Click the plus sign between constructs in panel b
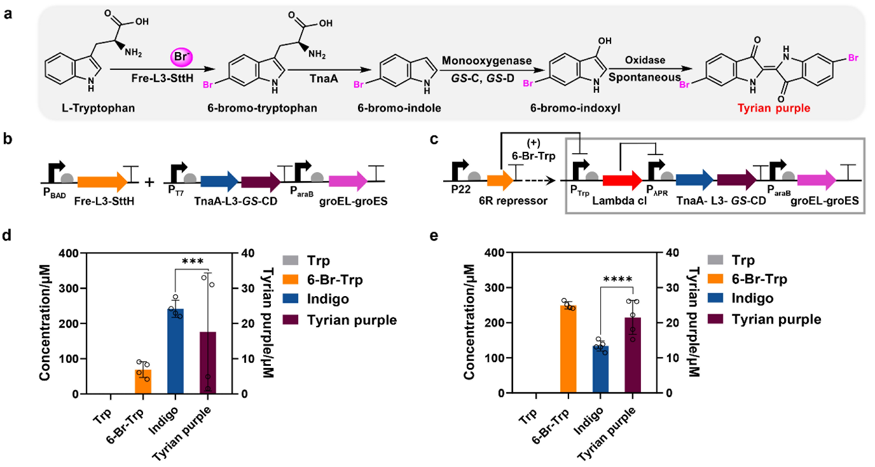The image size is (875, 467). point(150,182)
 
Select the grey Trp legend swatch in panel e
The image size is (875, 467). point(715,261)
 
